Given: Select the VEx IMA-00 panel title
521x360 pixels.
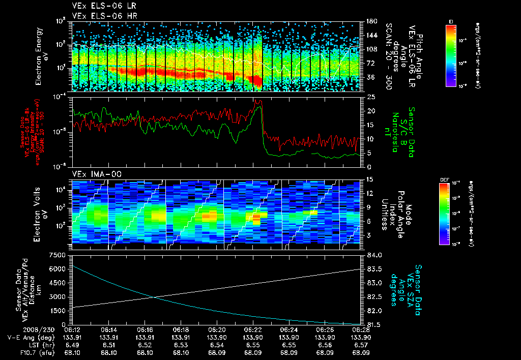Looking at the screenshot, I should pyautogui.click(x=93, y=173).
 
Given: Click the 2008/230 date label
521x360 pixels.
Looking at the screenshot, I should pyautogui.click(x=18, y=329).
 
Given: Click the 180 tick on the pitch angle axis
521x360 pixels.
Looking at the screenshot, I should pyautogui.click(x=370, y=21).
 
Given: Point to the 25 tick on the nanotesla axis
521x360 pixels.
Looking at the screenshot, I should pyautogui.click(x=371, y=97).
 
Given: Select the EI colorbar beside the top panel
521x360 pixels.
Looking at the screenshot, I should pyautogui.click(x=451, y=55).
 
